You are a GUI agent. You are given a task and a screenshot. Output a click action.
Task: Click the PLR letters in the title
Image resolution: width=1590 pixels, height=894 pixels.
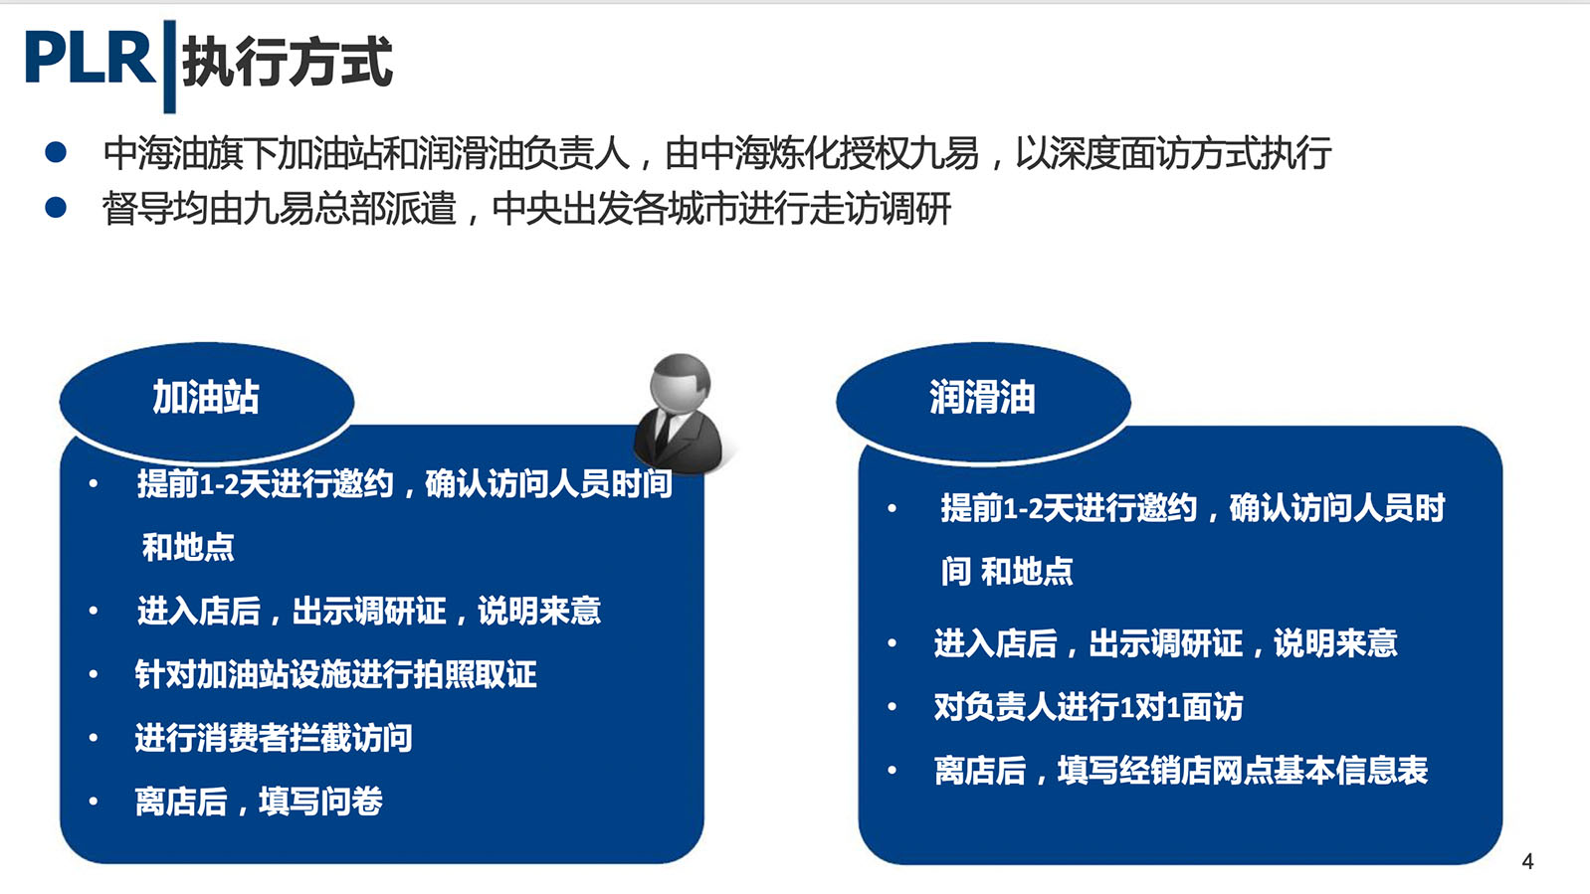(x=90, y=59)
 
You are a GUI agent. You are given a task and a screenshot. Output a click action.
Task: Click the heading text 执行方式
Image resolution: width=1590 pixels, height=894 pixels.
(x=288, y=62)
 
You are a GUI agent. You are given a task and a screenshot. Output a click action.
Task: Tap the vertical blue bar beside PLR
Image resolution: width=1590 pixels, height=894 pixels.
(x=170, y=66)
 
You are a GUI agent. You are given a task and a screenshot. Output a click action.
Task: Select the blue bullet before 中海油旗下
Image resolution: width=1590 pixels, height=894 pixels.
(x=56, y=152)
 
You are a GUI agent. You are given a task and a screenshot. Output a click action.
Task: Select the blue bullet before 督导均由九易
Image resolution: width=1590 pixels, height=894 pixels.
(x=56, y=208)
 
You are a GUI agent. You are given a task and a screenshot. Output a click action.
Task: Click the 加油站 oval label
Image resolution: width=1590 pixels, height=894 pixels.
(x=207, y=402)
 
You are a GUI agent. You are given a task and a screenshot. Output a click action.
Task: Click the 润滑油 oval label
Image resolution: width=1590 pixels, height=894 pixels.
(x=983, y=402)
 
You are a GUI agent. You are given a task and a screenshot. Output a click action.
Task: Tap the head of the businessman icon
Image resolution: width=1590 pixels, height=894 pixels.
(x=680, y=383)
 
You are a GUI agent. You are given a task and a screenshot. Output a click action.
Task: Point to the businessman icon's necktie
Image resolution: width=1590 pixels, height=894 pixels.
(x=663, y=433)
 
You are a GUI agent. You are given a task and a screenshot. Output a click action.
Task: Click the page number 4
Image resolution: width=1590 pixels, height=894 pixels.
(x=1528, y=861)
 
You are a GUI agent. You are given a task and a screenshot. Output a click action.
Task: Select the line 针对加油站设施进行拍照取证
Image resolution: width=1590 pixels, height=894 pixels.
(x=335, y=674)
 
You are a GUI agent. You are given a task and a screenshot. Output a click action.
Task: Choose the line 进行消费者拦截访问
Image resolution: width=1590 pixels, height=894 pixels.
(x=274, y=738)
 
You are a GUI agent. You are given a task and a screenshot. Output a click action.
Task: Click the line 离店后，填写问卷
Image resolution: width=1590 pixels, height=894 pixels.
(x=259, y=802)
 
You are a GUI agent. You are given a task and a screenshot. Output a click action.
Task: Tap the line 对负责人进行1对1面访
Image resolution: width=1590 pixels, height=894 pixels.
(x=1089, y=707)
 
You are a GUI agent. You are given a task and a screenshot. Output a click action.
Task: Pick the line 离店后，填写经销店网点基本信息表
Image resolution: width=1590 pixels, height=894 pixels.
(x=1180, y=771)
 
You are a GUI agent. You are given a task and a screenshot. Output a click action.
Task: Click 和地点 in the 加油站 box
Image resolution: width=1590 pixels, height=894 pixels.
(x=188, y=547)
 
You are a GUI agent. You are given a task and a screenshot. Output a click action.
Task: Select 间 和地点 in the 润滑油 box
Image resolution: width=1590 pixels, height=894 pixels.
(x=1007, y=571)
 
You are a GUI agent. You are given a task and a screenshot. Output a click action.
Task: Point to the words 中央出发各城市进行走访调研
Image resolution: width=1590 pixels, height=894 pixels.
(x=721, y=209)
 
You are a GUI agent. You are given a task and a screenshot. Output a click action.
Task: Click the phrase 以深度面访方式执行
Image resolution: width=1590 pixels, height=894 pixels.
(x=1173, y=153)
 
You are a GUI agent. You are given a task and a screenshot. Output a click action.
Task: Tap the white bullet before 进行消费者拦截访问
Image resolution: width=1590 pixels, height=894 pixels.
(x=93, y=738)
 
